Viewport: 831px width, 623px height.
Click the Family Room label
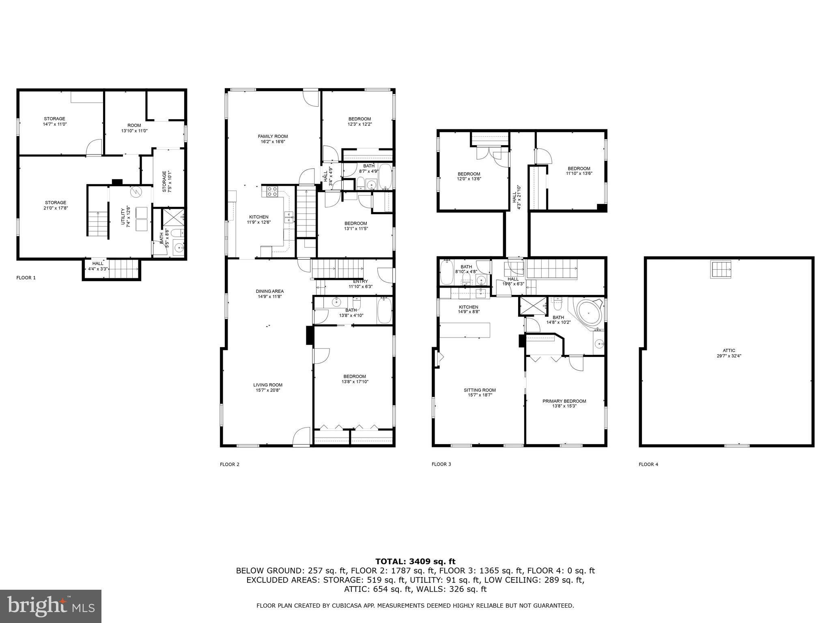click(x=273, y=139)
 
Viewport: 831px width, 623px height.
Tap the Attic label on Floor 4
click(x=729, y=353)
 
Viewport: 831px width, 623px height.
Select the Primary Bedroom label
click(x=564, y=403)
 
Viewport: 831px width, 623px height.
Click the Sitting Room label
click(x=480, y=392)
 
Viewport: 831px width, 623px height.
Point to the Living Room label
click(x=268, y=387)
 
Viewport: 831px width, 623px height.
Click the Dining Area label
click(x=270, y=294)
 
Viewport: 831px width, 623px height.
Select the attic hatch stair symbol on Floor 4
click(x=721, y=269)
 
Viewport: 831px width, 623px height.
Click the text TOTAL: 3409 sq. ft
click(x=415, y=561)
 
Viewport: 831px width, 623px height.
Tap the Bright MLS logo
click(x=51, y=606)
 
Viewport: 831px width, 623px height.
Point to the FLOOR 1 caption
click(x=26, y=278)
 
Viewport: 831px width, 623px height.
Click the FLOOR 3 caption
click(x=441, y=464)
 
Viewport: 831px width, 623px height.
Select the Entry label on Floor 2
click(x=360, y=284)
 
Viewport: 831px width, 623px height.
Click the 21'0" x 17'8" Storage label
click(x=56, y=205)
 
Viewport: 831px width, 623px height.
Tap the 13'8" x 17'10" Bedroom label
click(x=355, y=379)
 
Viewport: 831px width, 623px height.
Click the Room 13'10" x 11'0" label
click(x=134, y=128)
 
